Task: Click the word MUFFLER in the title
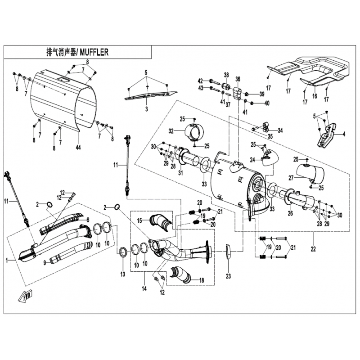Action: pos(94,52)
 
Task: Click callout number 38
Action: pos(226,75)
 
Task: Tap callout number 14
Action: pos(144,288)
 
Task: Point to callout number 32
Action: pos(171,131)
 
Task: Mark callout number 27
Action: pos(291,178)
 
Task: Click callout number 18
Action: pos(201,280)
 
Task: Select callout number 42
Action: pos(200,81)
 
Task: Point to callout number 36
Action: pos(238,78)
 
